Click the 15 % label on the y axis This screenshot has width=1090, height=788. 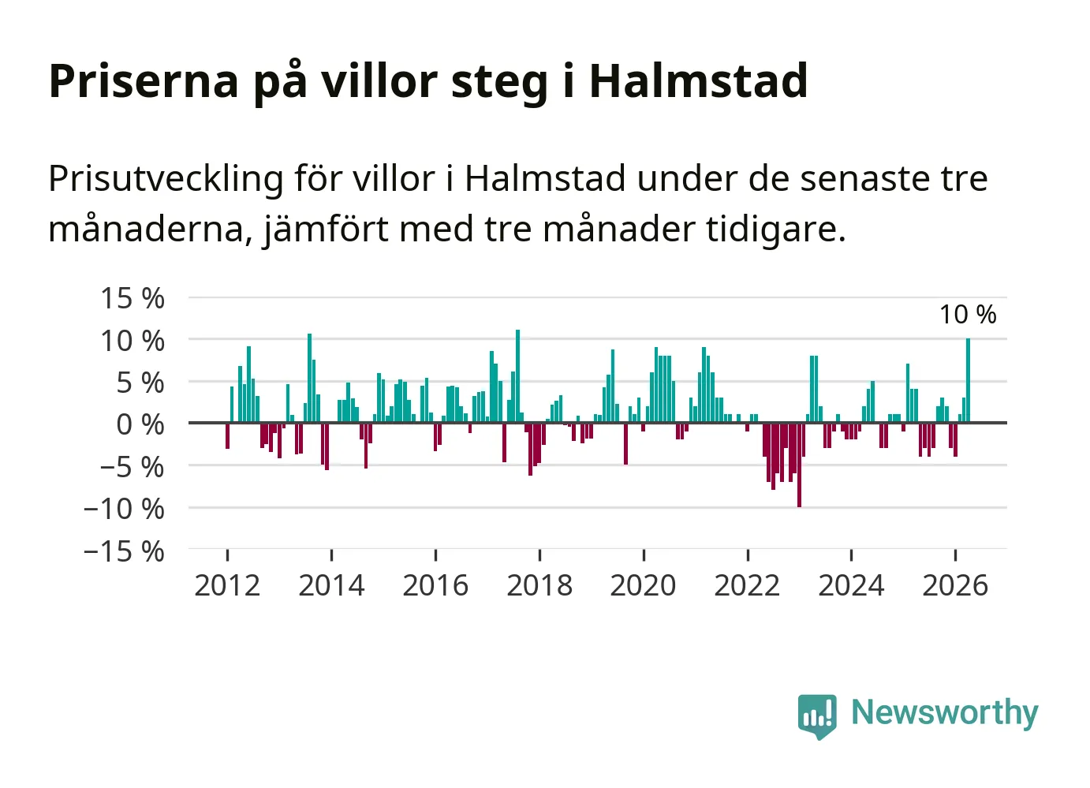(133, 298)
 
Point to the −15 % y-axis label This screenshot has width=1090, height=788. (124, 551)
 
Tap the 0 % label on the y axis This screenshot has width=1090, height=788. (140, 424)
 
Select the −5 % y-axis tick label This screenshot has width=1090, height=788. (133, 467)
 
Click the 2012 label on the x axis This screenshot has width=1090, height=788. (227, 585)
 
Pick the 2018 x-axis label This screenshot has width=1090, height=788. (539, 585)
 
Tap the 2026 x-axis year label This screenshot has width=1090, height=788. (955, 585)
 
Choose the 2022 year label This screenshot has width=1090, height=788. (747, 585)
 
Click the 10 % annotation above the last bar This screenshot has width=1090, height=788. (968, 315)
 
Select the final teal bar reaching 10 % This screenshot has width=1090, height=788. (968, 380)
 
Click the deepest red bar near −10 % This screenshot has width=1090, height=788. (799, 465)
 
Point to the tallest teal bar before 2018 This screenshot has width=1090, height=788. (517, 375)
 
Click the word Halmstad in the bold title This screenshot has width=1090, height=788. (698, 80)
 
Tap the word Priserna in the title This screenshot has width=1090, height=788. (144, 80)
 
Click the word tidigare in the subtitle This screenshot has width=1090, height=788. (776, 230)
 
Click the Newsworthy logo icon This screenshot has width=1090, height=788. (817, 716)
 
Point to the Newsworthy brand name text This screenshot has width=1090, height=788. (945, 714)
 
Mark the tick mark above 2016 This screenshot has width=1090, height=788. (435, 555)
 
